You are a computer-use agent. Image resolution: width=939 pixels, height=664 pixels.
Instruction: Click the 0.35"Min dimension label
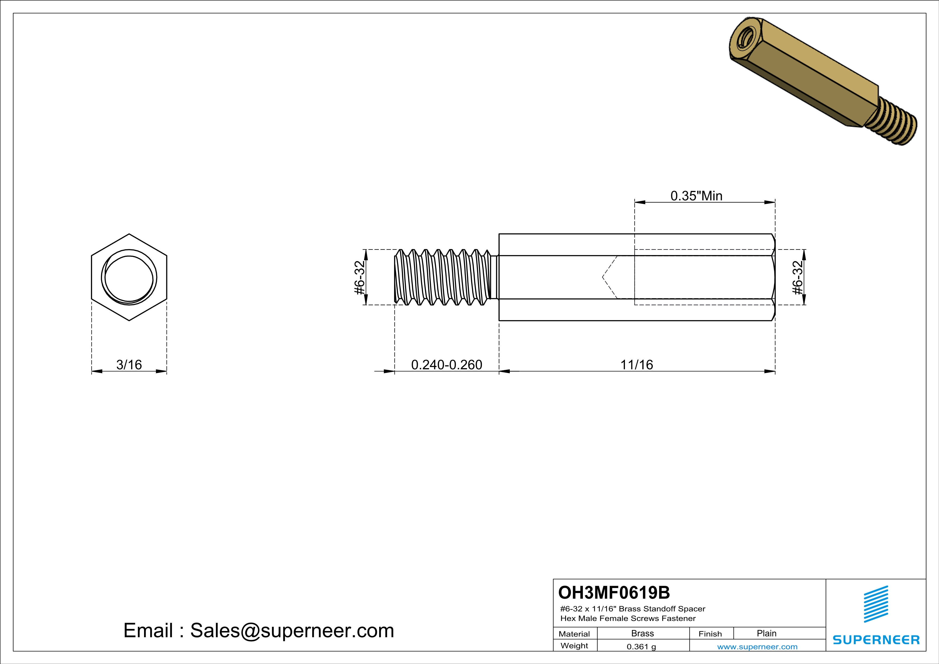coord(696,196)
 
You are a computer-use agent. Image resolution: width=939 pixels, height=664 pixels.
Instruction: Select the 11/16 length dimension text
coord(637,364)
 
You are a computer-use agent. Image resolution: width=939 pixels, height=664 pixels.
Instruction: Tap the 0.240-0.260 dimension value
coord(447,364)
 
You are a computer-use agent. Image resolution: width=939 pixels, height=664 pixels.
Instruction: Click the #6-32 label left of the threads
coord(359,278)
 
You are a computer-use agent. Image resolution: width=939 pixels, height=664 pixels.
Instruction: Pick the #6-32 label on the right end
coord(798,278)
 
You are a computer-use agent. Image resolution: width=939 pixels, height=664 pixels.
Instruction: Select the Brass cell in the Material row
coord(643,633)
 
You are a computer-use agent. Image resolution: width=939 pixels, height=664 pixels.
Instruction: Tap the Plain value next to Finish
coord(766,633)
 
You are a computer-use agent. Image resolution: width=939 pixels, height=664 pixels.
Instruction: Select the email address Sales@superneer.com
coord(292,631)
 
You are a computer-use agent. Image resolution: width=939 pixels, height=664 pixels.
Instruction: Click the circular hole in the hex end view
coord(129,278)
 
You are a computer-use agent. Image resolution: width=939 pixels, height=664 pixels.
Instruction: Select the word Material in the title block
coord(574,634)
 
